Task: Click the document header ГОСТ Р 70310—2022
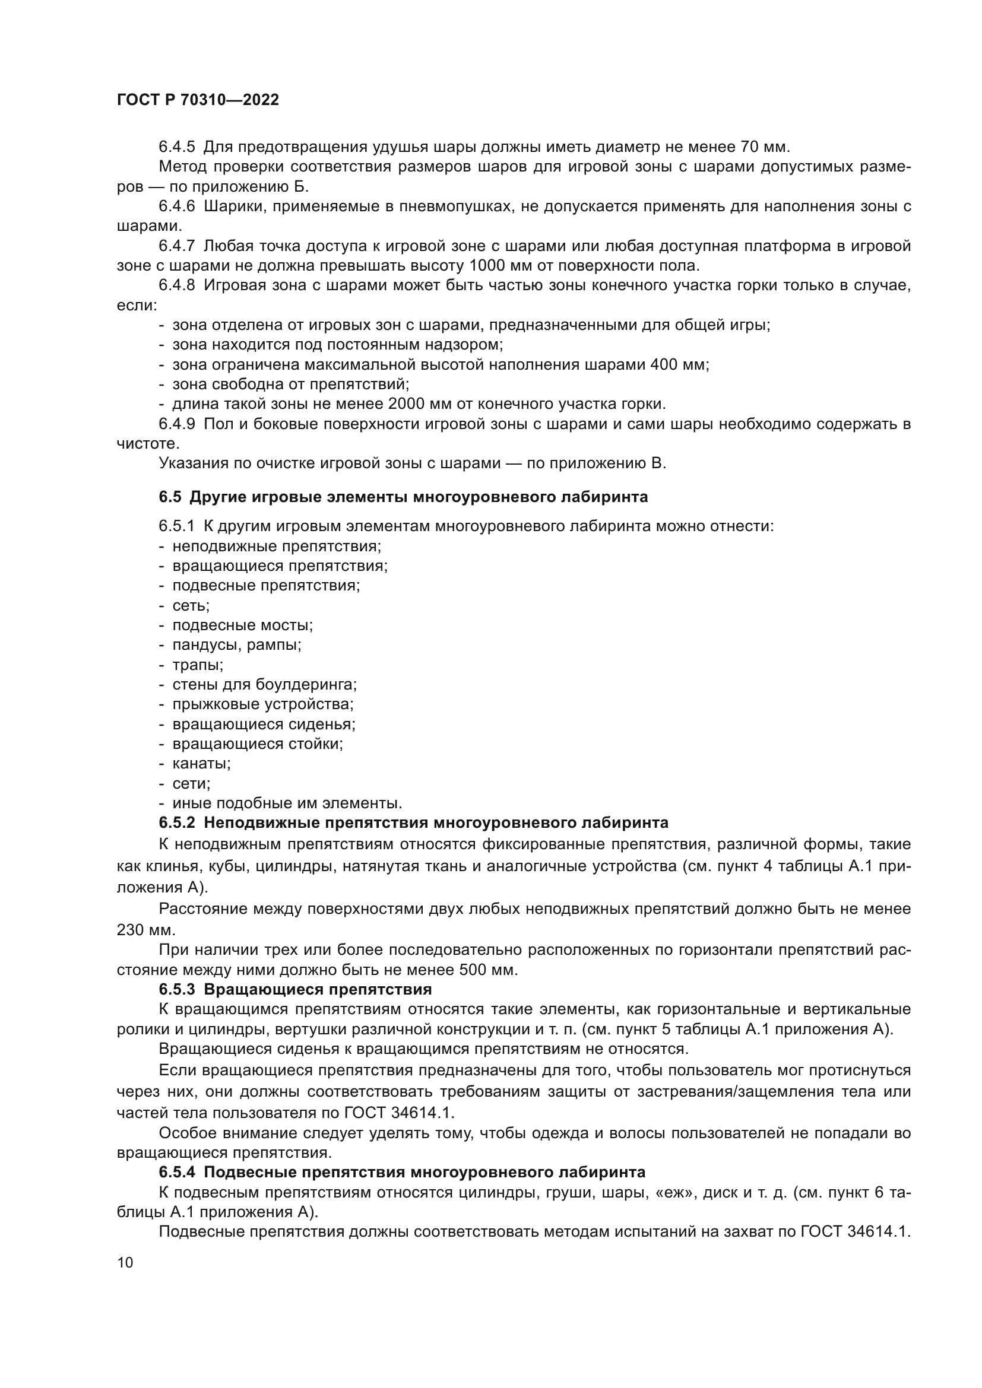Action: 198,100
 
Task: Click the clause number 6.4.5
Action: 176,147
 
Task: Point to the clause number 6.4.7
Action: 176,246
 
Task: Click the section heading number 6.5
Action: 170,497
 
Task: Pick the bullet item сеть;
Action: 191,605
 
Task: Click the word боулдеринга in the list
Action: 305,685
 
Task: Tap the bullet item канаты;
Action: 201,764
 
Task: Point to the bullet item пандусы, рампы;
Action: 236,645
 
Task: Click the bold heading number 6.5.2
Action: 176,822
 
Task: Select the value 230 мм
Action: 145,930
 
